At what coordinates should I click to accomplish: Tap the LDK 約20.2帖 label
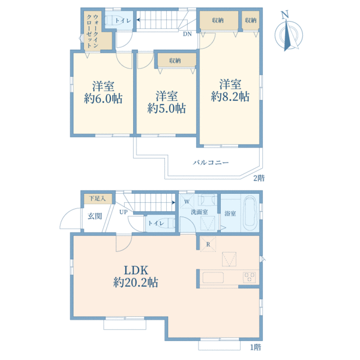[x=136, y=276]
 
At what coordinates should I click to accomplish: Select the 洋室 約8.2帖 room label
[x=230, y=91]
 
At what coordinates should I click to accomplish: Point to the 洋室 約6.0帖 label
[x=103, y=92]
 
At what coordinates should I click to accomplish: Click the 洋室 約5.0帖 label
[x=166, y=102]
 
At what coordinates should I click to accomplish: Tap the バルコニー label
[x=211, y=163]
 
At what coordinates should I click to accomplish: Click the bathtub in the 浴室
[x=250, y=213]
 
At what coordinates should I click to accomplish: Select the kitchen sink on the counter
[x=213, y=278]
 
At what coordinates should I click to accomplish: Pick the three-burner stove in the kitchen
[x=250, y=277]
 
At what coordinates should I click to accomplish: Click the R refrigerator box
[x=208, y=244]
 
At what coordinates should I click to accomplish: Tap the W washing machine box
[x=187, y=202]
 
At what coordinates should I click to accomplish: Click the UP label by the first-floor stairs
[x=124, y=212]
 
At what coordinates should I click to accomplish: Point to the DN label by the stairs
[x=187, y=34]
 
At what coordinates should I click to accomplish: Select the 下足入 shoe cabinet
[x=98, y=199]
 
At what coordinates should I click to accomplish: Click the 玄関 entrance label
[x=95, y=216]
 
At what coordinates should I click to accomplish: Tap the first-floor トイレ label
[x=156, y=223]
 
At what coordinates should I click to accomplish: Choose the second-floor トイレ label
[x=123, y=20]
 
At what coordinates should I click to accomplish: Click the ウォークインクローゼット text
[x=92, y=31]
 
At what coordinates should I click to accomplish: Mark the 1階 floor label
[x=256, y=347]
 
